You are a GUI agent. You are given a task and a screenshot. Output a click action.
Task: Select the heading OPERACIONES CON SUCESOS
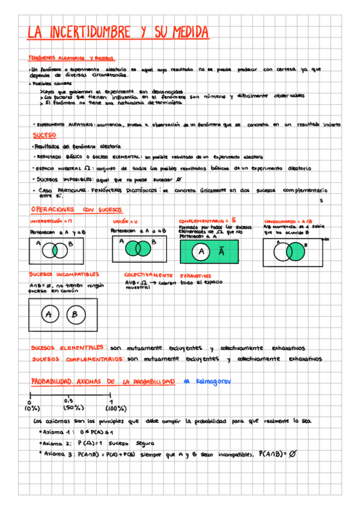[x=76, y=209]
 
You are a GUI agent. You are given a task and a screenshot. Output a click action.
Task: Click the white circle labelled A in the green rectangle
[x=202, y=253]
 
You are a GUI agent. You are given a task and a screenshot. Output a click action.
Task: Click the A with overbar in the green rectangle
[x=221, y=253]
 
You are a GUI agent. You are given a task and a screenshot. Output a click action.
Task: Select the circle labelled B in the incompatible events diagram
[x=75, y=313]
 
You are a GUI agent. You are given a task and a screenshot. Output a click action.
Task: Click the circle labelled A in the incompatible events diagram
[x=48, y=313]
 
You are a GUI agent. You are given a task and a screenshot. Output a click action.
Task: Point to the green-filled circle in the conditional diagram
[x=296, y=251]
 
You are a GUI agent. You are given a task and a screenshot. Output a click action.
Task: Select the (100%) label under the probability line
[x=111, y=408]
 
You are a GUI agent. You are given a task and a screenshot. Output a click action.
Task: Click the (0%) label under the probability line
[x=31, y=408]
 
